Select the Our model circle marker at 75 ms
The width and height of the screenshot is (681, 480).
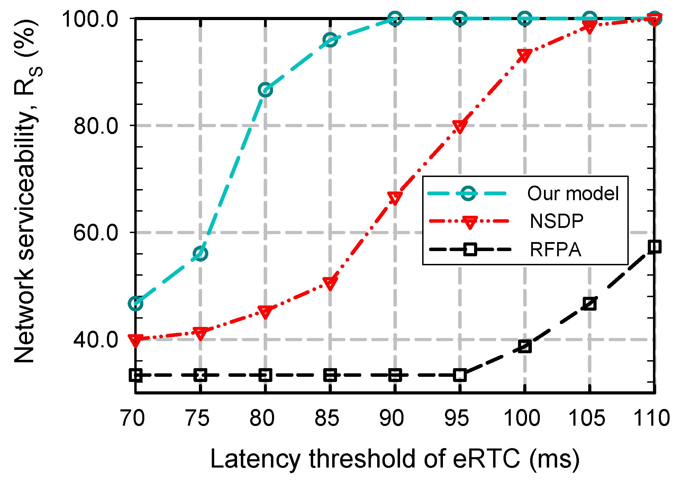pos(200,254)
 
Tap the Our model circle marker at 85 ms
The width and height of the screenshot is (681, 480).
pos(330,40)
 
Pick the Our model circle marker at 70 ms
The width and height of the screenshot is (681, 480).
pos(136,304)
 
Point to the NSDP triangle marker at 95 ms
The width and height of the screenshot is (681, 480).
pos(460,127)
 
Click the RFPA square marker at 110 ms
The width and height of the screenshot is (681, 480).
pos(654,247)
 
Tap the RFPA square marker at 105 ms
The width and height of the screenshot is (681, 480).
pos(590,304)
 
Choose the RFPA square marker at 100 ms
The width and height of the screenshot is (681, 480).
pos(525,346)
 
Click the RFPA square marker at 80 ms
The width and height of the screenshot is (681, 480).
pos(265,375)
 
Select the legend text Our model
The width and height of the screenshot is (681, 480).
pos(573,193)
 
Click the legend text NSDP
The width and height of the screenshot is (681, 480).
pos(556,221)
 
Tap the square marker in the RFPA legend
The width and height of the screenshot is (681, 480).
pos(470,249)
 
